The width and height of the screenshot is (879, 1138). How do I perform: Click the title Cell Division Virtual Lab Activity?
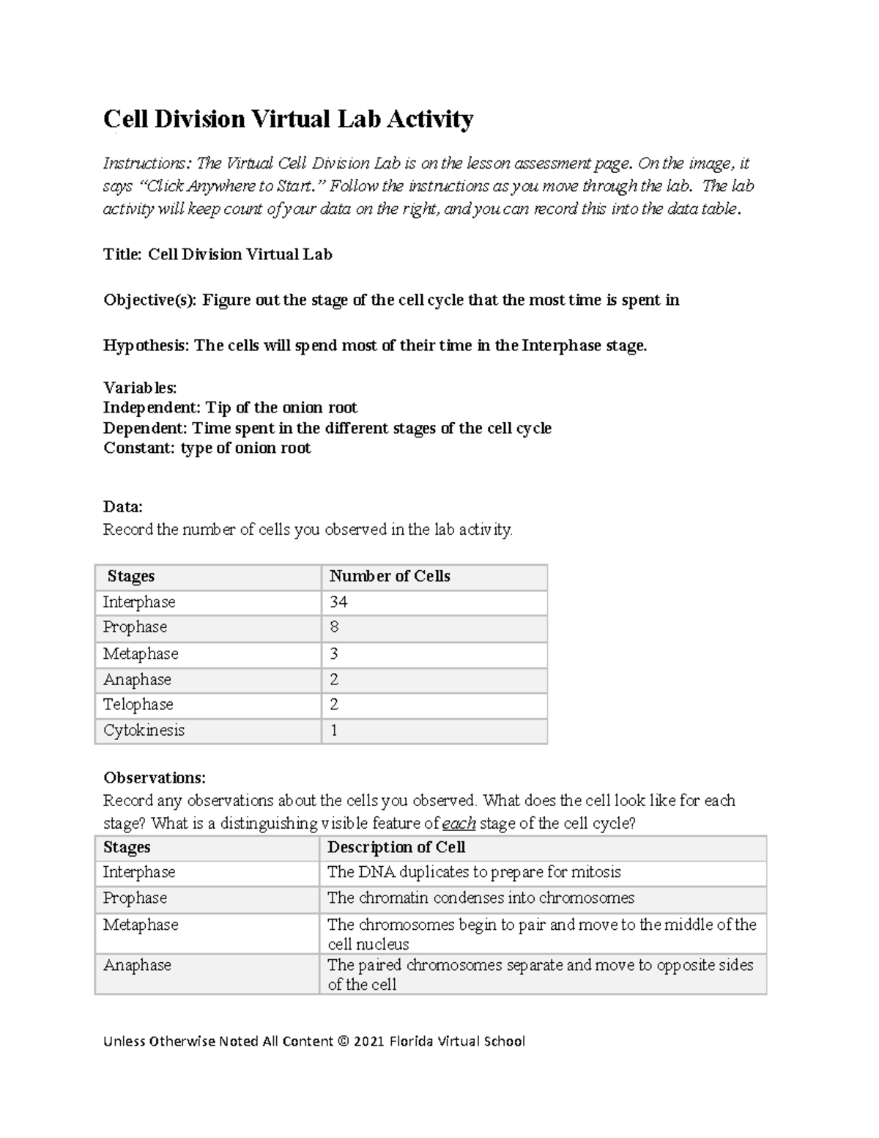[288, 119]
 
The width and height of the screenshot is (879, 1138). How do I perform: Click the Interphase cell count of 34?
[338, 602]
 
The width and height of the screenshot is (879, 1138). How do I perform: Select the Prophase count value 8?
[334, 627]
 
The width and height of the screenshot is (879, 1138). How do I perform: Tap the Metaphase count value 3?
[334, 654]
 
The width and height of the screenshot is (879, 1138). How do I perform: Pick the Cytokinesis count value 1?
[334, 731]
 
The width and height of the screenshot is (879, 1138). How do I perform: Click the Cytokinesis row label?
[144, 731]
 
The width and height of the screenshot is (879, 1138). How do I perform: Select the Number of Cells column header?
[390, 577]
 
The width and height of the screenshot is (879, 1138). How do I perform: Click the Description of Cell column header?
[396, 848]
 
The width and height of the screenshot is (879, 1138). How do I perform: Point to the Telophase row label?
[138, 705]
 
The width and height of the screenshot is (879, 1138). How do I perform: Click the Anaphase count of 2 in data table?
[334, 679]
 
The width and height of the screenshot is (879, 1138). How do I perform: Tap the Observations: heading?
[155, 777]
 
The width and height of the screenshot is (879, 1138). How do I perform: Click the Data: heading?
[122, 507]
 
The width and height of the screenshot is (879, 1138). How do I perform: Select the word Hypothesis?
[146, 346]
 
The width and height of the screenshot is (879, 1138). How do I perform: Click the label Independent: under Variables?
[152, 407]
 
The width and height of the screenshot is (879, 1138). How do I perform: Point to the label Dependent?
[145, 428]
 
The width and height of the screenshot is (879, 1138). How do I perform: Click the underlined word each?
[459, 824]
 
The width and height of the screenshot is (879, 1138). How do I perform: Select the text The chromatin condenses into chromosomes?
[481, 898]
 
